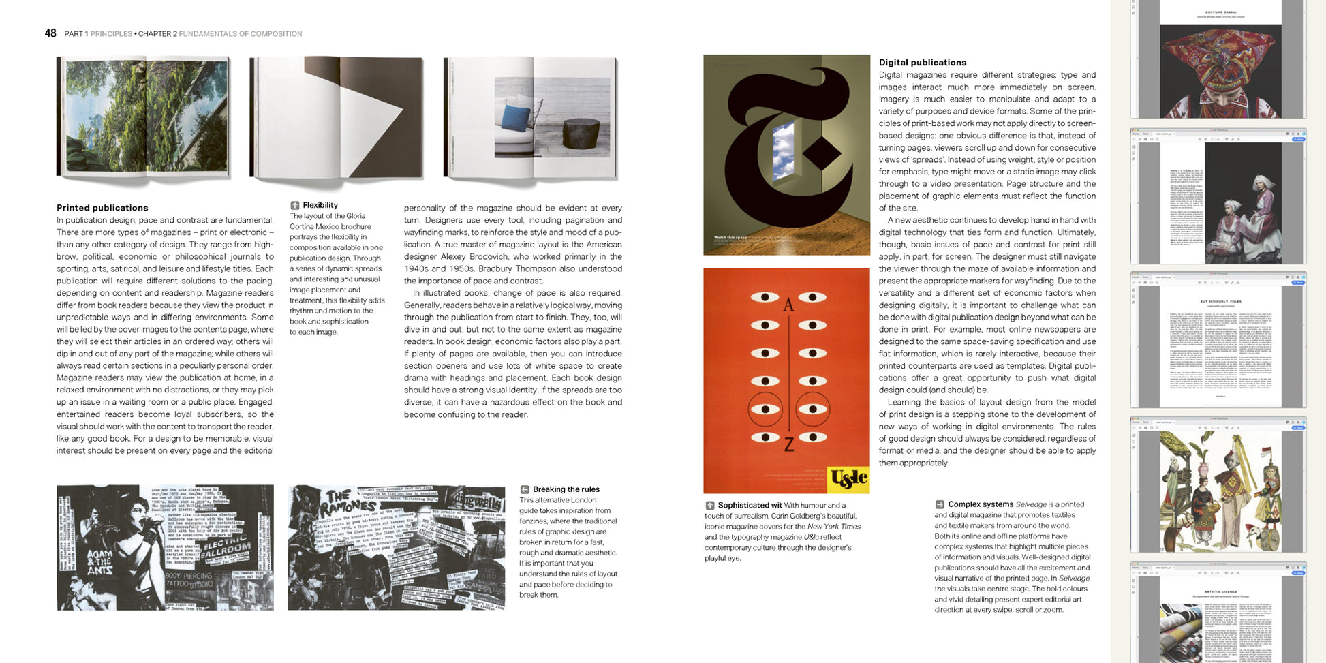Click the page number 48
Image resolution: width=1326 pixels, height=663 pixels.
tap(50, 33)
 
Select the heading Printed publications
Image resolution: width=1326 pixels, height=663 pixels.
tap(102, 208)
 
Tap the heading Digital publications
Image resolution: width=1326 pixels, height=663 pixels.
tap(922, 62)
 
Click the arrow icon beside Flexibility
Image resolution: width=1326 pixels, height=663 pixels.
tap(294, 205)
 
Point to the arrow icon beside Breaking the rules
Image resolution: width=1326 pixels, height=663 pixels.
tap(525, 489)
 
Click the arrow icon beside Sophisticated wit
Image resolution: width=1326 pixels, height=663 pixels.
tap(709, 505)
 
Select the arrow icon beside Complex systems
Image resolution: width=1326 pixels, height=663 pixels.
tap(940, 504)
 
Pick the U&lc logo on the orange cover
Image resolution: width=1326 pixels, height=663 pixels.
tap(848, 479)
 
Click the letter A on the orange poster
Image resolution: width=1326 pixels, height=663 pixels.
tap(788, 305)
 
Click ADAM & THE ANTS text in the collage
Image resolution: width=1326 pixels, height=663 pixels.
tap(100, 562)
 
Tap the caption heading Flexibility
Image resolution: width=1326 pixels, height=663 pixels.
tap(320, 205)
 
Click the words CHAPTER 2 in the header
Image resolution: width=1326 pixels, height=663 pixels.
tap(157, 33)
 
